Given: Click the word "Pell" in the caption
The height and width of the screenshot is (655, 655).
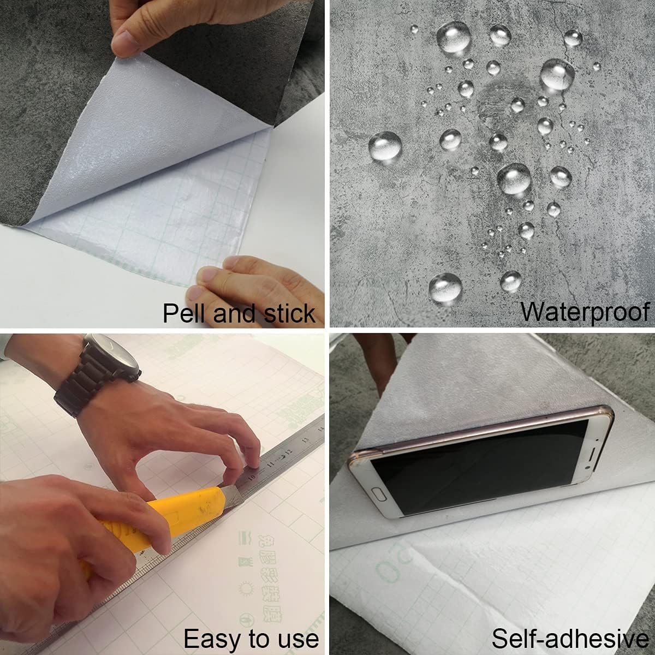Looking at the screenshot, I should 184,313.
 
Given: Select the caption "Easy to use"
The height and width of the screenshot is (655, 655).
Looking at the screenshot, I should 251,638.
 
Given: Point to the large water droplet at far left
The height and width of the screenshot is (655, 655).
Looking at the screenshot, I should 385,145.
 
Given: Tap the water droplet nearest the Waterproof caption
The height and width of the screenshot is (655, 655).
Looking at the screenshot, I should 511,281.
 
